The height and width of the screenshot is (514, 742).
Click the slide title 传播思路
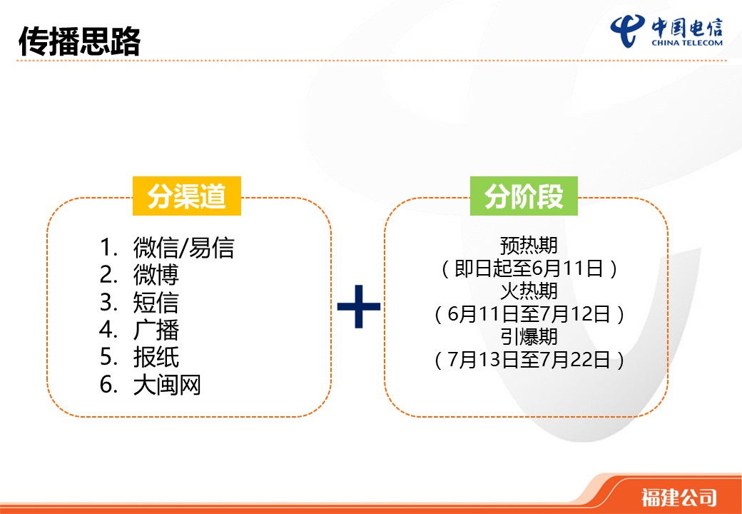79,41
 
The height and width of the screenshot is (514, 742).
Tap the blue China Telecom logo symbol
627,30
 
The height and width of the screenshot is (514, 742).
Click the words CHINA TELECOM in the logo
687,43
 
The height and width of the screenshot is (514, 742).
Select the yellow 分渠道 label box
186,196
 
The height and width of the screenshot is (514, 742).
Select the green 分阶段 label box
524,196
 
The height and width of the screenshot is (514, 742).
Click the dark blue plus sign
359,306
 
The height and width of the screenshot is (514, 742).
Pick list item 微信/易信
183,248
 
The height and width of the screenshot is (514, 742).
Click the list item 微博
156,275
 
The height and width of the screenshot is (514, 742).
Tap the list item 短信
156,303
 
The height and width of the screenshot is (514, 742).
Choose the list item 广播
156,330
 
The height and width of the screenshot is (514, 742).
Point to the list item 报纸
156,358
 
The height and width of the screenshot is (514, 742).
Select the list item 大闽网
167,385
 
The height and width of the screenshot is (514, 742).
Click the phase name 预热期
529,246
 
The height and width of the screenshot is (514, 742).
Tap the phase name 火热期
529,291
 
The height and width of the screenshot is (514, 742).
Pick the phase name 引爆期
529,336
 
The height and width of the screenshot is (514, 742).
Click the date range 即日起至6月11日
529,268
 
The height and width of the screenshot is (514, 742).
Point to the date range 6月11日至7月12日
529,314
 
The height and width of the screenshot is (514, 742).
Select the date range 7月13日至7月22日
529,360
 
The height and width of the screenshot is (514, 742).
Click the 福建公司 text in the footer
679,498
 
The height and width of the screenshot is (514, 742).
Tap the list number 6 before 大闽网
106,385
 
